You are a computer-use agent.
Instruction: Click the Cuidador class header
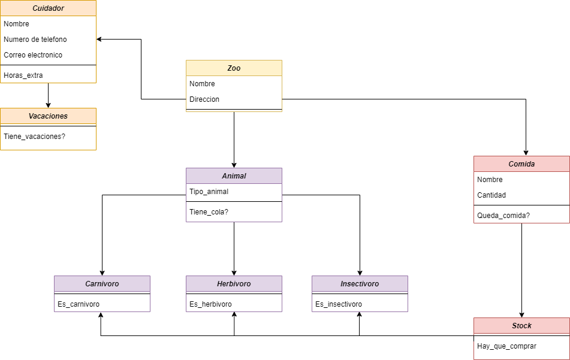[x=48, y=8]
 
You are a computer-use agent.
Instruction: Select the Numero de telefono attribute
[x=35, y=40]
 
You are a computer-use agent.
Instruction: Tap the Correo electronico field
[x=33, y=55]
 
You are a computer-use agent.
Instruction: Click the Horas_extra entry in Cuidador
[x=23, y=75]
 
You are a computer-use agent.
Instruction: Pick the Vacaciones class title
[x=48, y=116]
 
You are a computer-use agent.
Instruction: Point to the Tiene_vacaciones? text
[x=35, y=137]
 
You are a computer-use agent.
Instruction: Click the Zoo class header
[x=234, y=68]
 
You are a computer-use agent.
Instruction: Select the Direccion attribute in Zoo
[x=204, y=99]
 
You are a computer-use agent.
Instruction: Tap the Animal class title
[x=234, y=176]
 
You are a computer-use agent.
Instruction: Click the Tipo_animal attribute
[x=209, y=192]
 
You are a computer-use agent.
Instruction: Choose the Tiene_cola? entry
[x=209, y=212]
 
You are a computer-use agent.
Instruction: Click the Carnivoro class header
[x=102, y=284]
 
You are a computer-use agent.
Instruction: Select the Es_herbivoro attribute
[x=210, y=304]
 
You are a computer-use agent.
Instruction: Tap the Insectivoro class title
[x=360, y=284]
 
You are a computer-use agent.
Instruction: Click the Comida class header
[x=521, y=164]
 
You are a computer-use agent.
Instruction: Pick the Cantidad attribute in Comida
[x=491, y=195]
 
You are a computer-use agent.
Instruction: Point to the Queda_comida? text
[x=503, y=216]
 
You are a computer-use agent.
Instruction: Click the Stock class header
[x=521, y=326]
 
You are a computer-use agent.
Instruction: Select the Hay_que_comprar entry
[x=506, y=346]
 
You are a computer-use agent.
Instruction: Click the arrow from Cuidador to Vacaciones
[x=48, y=95]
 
